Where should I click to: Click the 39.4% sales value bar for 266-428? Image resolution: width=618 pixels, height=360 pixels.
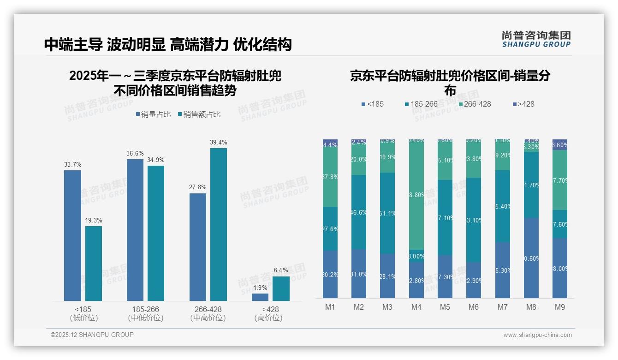coord(219,224)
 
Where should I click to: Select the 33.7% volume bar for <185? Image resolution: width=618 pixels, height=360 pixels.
coord(72,235)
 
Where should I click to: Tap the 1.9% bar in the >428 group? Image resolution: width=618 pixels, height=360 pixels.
coord(260,297)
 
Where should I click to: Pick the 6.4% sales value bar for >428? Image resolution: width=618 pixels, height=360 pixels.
coord(281,288)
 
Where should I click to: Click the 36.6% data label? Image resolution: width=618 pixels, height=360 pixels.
coord(135,153)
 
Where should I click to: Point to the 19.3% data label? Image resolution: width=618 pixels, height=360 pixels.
coord(94,220)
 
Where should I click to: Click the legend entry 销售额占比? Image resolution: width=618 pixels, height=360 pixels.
coord(199,114)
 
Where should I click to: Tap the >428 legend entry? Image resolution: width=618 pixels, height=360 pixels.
coord(523,104)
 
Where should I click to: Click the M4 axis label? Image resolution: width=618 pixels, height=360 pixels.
coord(416,307)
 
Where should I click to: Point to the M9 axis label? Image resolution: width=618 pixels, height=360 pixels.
coord(560,307)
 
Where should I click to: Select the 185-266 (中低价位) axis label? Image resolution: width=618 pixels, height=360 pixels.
coord(146,313)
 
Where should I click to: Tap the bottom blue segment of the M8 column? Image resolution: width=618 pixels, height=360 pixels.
coord(531,258)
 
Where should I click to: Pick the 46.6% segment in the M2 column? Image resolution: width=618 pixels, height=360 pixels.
coord(359,212)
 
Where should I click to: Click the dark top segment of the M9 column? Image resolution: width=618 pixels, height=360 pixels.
coord(560,144)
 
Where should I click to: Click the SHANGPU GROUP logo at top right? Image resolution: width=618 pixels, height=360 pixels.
coord(536,39)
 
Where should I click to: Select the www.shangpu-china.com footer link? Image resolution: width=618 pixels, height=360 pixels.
coord(537,335)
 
